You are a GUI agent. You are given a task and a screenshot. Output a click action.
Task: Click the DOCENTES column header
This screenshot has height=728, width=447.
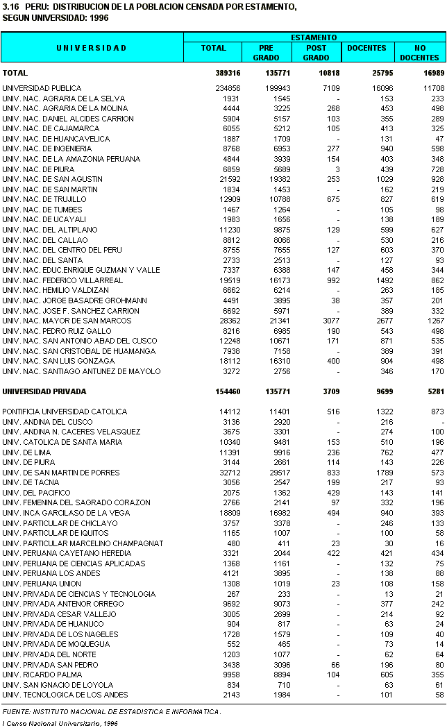(366, 48)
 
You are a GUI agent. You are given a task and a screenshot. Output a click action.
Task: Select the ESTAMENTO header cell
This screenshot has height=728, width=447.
(314, 37)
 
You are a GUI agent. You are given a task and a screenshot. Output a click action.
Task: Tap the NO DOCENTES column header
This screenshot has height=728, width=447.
(419, 53)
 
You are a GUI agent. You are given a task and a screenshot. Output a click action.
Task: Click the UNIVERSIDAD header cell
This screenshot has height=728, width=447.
(92, 48)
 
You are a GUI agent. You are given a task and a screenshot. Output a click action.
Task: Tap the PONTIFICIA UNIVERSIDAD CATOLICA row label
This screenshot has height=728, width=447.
(65, 412)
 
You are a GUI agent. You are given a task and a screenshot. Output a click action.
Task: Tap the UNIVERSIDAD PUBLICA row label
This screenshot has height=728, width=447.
(42, 88)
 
